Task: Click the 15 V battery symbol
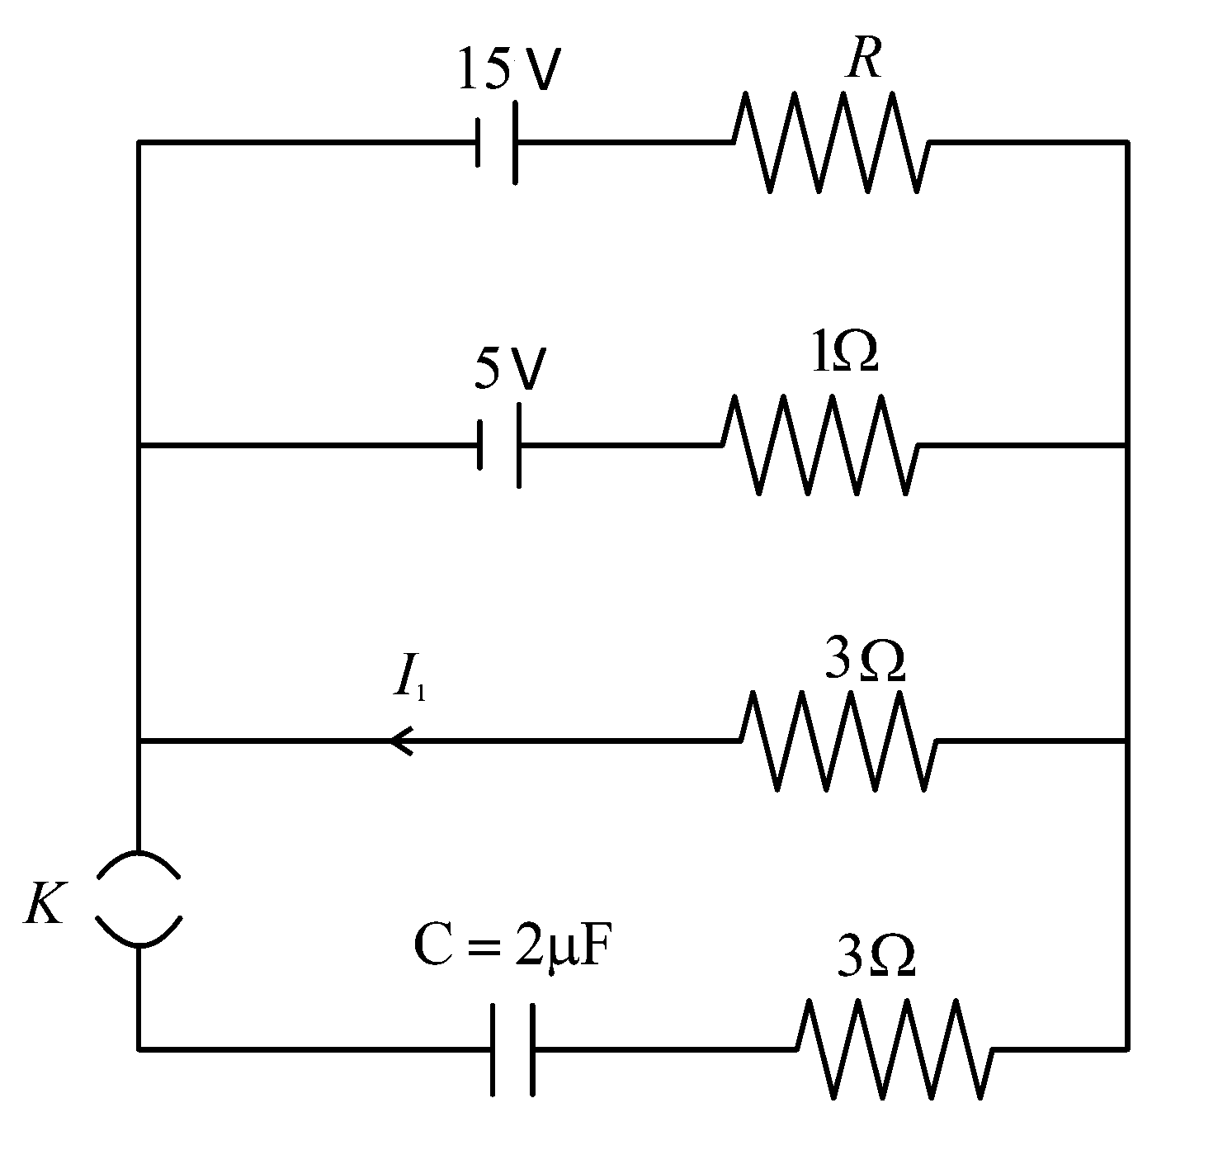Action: [496, 143]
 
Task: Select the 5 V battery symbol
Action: [498, 445]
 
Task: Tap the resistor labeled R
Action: [831, 143]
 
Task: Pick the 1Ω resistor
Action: [819, 444]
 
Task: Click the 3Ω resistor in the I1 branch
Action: [838, 741]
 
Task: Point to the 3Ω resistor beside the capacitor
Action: [895, 1049]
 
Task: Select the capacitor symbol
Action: [512, 1049]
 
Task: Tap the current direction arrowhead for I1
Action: [401, 741]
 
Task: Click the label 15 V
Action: [509, 69]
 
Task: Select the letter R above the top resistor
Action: [864, 59]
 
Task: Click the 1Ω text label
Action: [844, 351]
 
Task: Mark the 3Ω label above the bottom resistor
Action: [876, 956]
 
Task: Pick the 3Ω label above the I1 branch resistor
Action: [866, 660]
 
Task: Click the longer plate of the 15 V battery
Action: [516, 143]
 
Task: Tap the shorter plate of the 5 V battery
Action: [480, 445]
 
